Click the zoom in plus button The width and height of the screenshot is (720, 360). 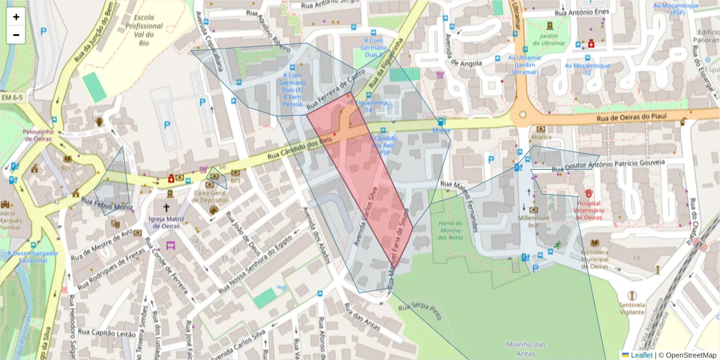pos(16,17)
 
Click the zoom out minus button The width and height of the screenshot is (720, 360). pos(16,35)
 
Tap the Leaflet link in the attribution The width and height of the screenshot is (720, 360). pos(641,355)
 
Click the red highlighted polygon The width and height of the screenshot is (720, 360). pos(366,180)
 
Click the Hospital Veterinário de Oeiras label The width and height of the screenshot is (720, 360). pos(589,210)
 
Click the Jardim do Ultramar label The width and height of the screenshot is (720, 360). pos(549,40)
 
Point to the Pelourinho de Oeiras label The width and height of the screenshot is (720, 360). pos(39,135)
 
